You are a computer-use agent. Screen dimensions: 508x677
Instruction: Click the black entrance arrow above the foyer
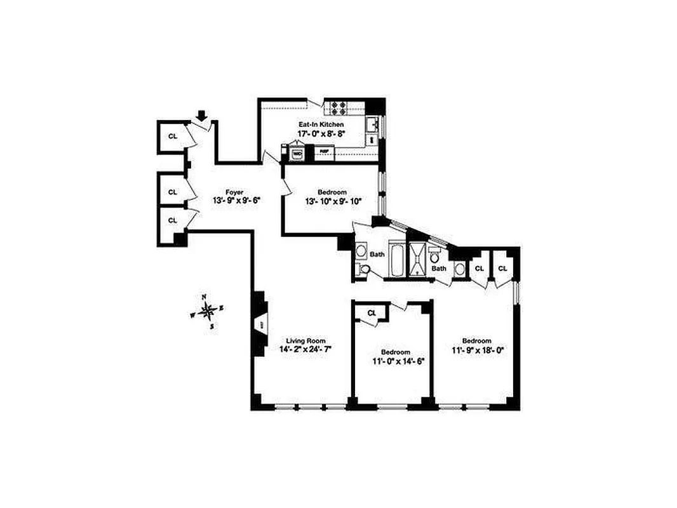pos(203,116)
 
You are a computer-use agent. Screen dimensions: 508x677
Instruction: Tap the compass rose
pos(207,311)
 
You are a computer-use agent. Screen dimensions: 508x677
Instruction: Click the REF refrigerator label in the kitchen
pos(324,151)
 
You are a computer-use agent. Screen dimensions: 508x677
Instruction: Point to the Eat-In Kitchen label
pos(321,125)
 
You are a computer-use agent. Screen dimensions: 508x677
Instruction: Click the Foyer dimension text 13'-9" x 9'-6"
pos(236,201)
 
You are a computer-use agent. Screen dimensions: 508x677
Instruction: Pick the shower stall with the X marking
pos(418,258)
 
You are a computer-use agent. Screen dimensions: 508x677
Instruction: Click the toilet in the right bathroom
pos(435,257)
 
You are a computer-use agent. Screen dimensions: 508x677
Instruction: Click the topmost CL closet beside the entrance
pos(172,136)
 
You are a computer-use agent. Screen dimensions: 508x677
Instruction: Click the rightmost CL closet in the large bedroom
pos(502,269)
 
